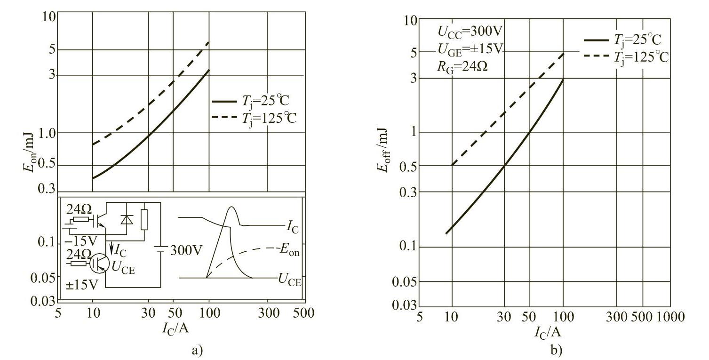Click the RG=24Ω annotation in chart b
pos(462,66)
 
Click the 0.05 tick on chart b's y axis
pos(406,282)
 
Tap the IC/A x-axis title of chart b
pos(548,332)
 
